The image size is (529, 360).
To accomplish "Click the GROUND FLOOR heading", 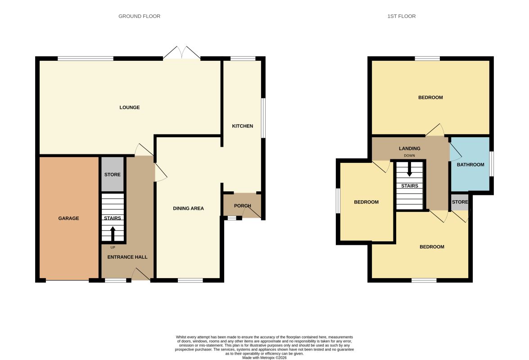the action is (139, 16).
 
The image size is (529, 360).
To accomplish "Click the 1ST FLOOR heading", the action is (402, 16).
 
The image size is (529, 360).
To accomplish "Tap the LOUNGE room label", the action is (130, 107).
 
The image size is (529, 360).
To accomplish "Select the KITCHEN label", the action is (243, 126).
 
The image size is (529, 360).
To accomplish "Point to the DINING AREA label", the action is (188, 208).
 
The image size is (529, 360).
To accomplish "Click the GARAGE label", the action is (68, 218).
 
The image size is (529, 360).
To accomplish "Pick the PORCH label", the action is (243, 206).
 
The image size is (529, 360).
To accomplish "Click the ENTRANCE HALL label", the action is (127, 257).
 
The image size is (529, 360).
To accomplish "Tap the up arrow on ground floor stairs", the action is (113, 233).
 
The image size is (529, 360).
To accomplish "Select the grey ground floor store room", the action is (113, 174).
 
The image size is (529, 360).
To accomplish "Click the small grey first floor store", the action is (460, 202).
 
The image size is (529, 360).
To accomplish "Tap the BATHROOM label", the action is (470, 165).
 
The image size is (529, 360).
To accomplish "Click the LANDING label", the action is (410, 148).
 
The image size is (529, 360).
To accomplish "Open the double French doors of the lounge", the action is (182, 53).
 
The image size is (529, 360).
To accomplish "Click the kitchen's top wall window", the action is (243, 58).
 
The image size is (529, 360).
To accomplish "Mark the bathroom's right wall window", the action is (492, 163).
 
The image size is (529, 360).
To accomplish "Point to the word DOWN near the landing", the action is (410, 156).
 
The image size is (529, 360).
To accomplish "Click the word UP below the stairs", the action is (113, 247).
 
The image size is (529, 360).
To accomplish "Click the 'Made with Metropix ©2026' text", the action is (265, 358).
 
